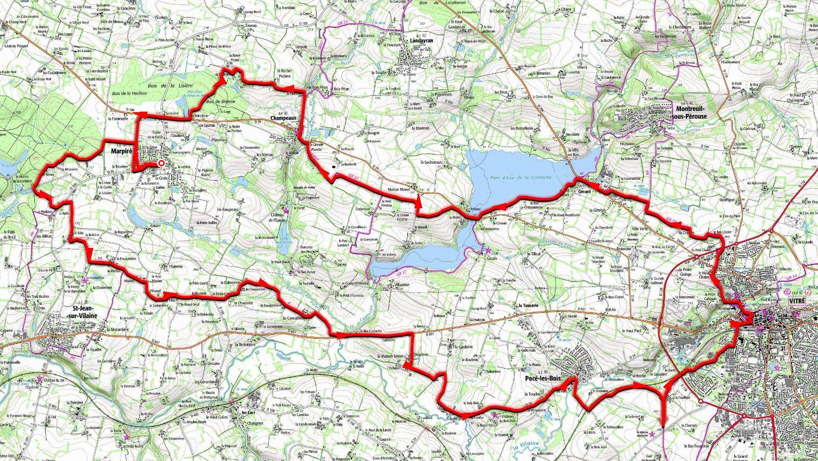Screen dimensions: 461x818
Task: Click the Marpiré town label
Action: (121, 151)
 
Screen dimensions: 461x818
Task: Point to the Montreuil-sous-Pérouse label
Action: (689, 112)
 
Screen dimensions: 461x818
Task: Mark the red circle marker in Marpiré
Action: (161, 163)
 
